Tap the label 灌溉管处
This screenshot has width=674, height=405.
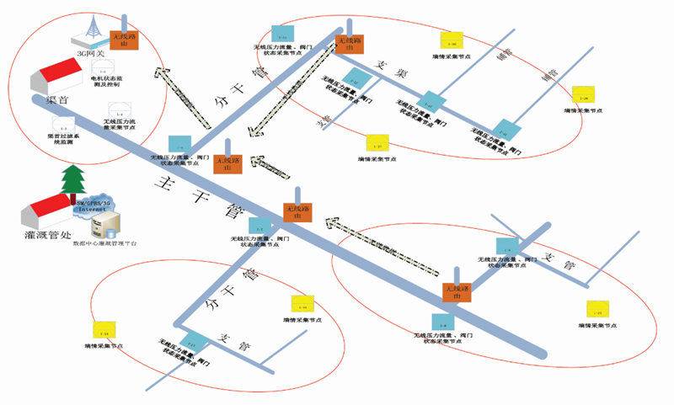[x=45, y=233]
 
